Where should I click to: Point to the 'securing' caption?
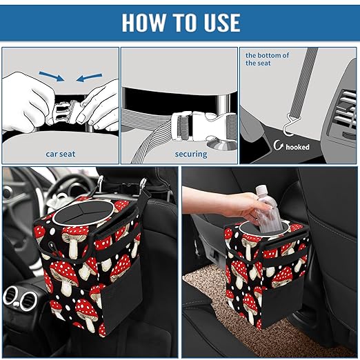(190, 154)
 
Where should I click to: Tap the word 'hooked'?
(298, 147)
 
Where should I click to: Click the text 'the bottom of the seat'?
(267, 59)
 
